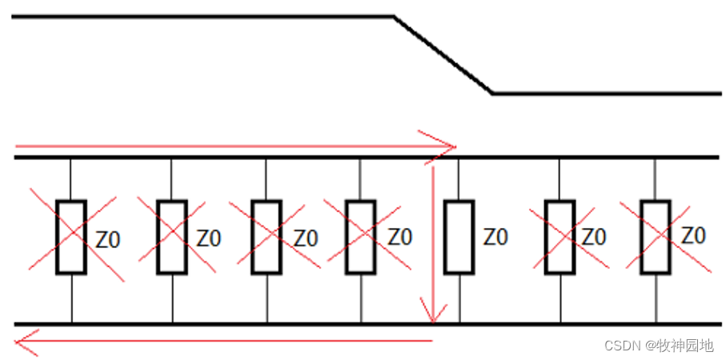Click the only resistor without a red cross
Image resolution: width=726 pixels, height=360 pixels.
(459, 238)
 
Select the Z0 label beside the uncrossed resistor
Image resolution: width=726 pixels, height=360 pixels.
(495, 237)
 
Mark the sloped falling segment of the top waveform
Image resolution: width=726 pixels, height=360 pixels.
(443, 54)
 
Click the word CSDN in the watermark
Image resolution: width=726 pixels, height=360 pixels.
(620, 346)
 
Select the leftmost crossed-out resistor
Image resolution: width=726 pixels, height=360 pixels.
(71, 238)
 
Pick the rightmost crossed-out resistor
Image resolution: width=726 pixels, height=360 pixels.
(655, 237)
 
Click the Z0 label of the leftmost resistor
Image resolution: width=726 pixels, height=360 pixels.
(108, 238)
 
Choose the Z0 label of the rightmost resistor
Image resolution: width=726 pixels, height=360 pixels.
(693, 236)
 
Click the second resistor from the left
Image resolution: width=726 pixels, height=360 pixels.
(171, 238)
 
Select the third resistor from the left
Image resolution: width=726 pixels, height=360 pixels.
(266, 238)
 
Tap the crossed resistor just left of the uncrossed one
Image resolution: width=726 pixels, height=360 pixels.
(360, 238)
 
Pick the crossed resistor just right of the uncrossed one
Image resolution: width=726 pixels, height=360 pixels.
(560, 238)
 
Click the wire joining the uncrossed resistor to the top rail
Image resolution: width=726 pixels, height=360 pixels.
(459, 179)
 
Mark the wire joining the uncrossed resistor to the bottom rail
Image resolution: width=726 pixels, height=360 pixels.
(459, 298)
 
